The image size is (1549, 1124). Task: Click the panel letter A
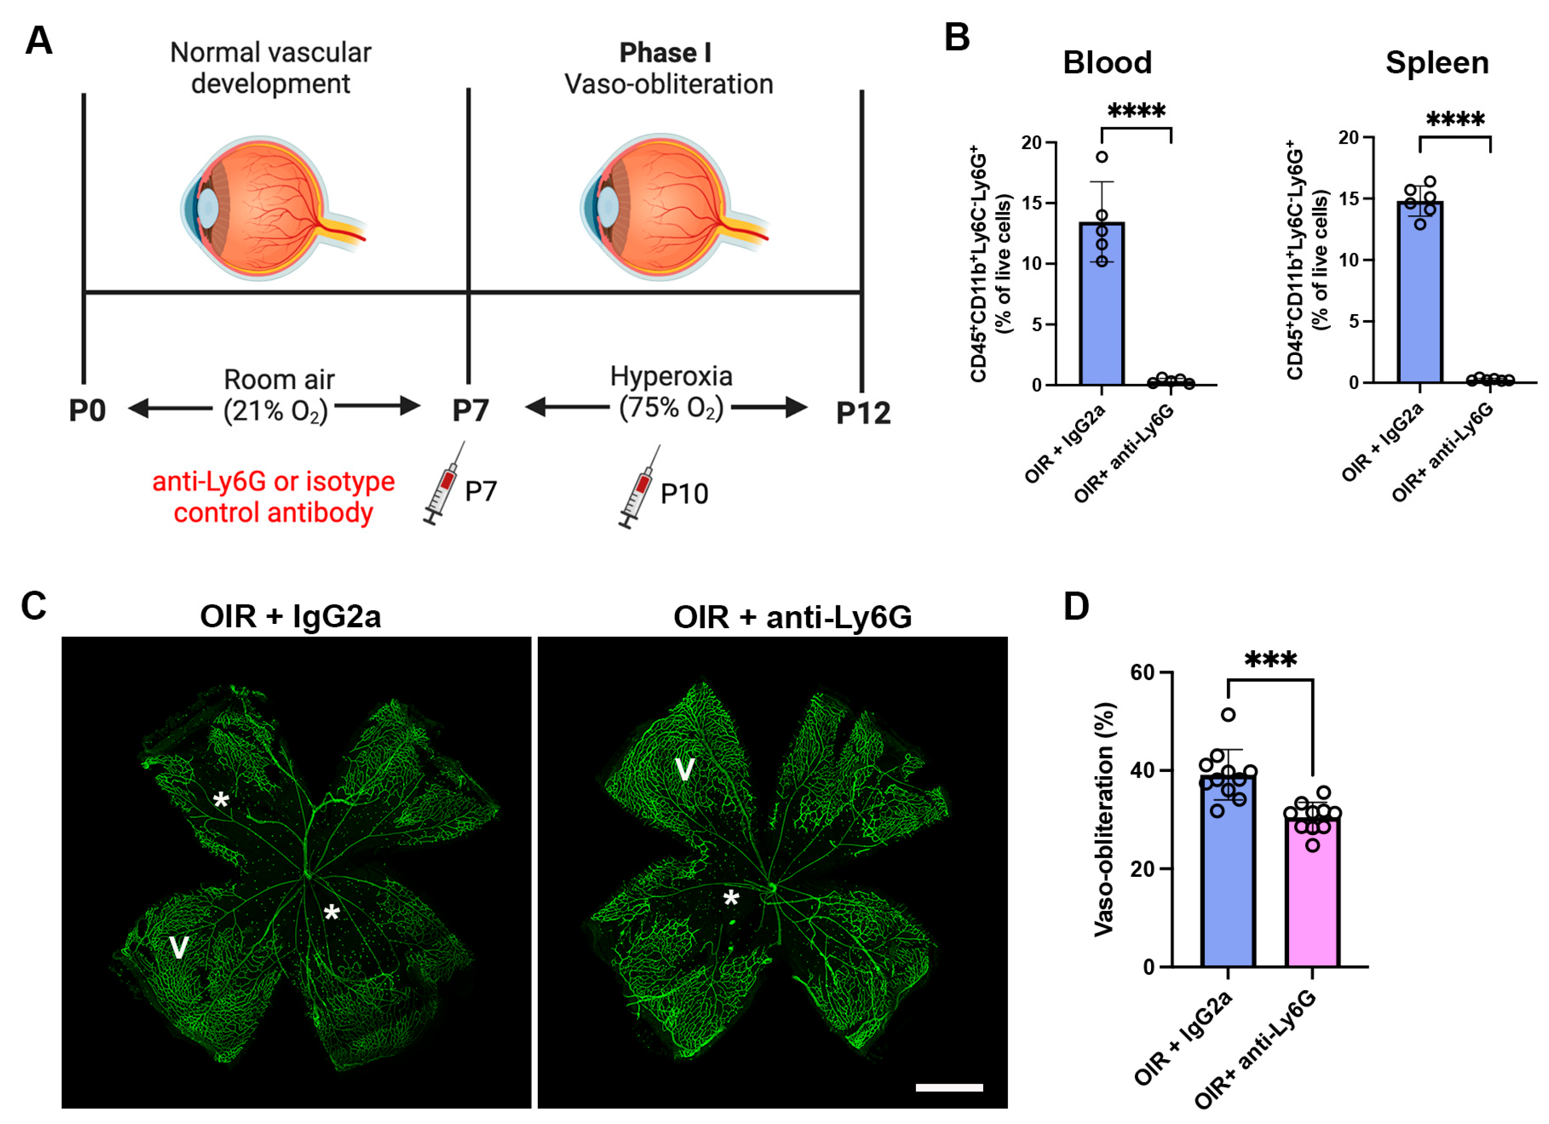38,41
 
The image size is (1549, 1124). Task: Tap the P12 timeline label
863,413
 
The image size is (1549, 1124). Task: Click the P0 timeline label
87,411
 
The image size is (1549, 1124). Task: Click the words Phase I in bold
664,53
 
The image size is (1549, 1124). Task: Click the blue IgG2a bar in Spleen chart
1420,294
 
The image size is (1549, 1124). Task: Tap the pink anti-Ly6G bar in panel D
1312,895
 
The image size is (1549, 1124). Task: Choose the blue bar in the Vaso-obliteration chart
1227,874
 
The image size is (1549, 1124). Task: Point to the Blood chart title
1107,63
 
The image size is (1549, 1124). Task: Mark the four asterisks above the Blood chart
1136,111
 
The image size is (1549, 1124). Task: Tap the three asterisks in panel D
1270,660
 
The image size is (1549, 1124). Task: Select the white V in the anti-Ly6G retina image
684,770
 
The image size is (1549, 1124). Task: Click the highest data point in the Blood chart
1102,157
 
